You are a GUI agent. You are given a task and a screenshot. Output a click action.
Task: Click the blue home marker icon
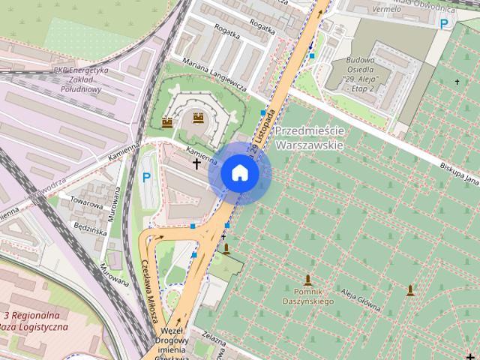click(239, 172)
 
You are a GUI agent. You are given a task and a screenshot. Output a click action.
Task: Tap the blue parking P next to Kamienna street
click(147, 178)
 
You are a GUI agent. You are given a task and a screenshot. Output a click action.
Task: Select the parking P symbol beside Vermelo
click(445, 24)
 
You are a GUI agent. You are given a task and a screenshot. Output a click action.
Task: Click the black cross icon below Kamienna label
click(197, 162)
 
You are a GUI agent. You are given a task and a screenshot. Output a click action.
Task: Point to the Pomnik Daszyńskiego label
click(308, 296)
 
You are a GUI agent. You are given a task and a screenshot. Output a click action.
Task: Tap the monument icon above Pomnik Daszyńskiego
click(308, 280)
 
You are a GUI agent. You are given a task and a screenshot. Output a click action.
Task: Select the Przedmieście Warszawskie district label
click(308, 137)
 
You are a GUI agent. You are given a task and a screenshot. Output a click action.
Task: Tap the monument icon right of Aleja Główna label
click(410, 290)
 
